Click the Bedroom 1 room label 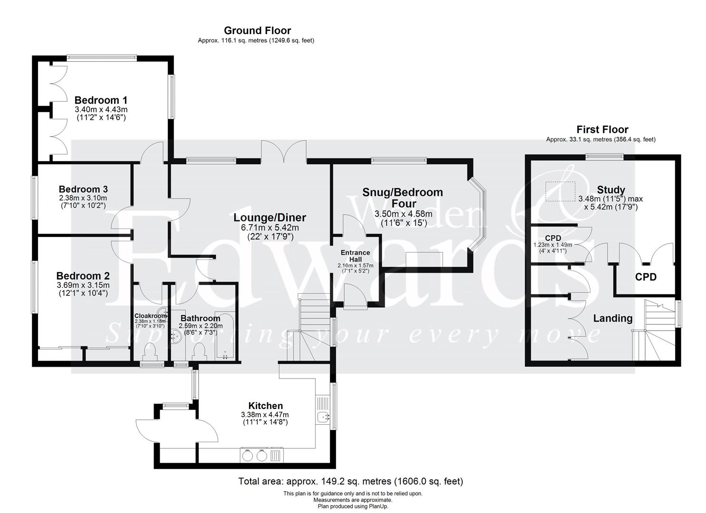(x=101, y=100)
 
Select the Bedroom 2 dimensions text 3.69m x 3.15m (x=83, y=285)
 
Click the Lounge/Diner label (x=270, y=218)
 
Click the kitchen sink (x=324, y=417)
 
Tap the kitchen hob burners (x=254, y=456)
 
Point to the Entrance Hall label (x=355, y=256)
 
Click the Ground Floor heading (x=257, y=31)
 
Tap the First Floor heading (x=602, y=129)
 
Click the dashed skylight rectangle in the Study (x=560, y=190)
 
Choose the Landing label (x=612, y=318)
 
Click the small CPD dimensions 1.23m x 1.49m (x=553, y=245)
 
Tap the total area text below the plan (x=350, y=481)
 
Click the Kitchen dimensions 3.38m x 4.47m (x=265, y=415)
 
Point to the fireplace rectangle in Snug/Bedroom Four (x=424, y=260)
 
